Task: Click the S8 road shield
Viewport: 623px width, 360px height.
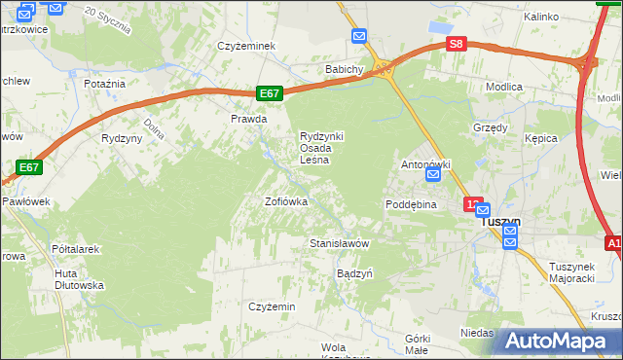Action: point(457,44)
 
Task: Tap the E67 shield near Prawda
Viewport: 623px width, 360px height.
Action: point(271,93)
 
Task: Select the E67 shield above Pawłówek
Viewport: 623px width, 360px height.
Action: point(29,167)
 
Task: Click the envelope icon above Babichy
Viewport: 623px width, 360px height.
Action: point(359,37)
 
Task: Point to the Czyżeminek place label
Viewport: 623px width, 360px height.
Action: point(248,46)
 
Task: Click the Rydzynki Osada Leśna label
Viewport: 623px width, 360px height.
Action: point(321,148)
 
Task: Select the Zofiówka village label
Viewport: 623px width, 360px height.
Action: point(286,202)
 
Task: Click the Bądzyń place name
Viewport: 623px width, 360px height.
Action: point(354,273)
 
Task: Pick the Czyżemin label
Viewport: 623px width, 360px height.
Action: point(272,306)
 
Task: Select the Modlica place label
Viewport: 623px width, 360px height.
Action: point(504,87)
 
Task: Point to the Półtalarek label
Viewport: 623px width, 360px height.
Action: point(76,249)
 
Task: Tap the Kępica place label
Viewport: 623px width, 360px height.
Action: point(539,138)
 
